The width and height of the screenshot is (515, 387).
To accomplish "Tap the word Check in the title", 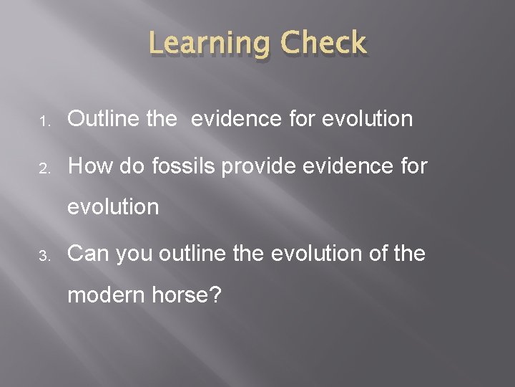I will [x=323, y=44].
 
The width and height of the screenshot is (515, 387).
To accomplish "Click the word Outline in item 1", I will [x=104, y=118].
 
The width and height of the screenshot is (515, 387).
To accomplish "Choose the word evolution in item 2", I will [x=113, y=207].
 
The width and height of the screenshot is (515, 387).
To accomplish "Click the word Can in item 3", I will [x=89, y=253].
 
